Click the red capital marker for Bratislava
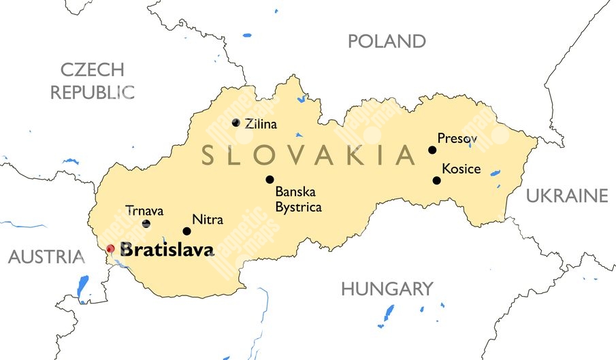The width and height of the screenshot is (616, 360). (110, 249)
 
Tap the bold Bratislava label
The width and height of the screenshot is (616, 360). (166, 250)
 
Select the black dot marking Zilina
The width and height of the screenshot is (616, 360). (236, 122)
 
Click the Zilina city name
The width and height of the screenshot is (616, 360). (261, 124)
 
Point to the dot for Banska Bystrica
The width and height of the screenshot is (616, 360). (270, 180)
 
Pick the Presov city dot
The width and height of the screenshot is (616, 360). (432, 150)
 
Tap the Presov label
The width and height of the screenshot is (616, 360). (457, 139)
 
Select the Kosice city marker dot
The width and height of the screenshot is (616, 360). (436, 180)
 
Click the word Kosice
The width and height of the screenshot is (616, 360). (461, 169)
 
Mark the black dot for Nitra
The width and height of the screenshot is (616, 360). (187, 231)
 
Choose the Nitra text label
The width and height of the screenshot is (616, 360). (208, 220)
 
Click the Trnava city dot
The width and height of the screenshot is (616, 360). (146, 223)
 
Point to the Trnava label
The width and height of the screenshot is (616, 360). (144, 210)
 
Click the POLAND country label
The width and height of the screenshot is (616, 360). (387, 42)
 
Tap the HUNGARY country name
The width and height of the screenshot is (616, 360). (387, 289)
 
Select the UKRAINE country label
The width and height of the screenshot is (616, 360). (566, 197)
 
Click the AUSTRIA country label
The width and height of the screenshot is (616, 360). (46, 257)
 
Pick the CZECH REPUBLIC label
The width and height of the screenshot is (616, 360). (92, 80)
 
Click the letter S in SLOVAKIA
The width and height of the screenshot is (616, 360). (209, 156)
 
